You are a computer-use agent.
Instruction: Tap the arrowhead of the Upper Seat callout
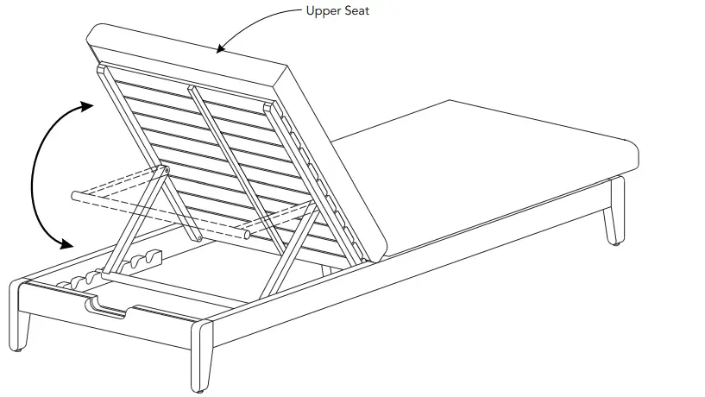click(222, 48)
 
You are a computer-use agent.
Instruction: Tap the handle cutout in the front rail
click(112, 306)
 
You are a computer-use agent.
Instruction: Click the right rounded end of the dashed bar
click(248, 233)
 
